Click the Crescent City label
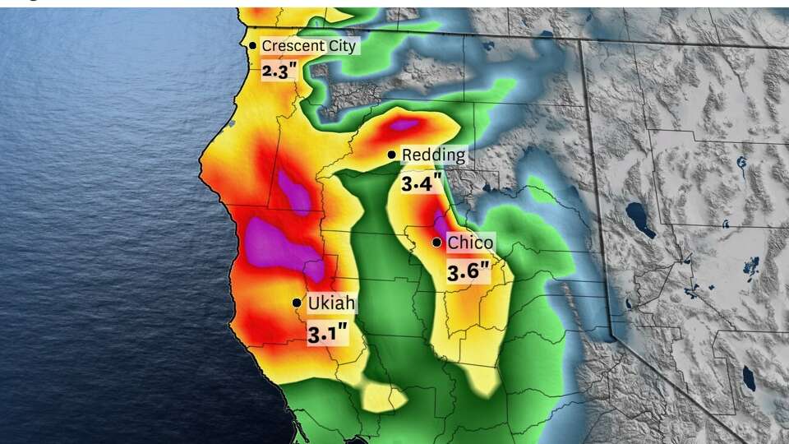pyautogui.click(x=308, y=46)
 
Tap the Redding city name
pyautogui.click(x=433, y=155)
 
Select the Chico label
pyautogui.click(x=470, y=243)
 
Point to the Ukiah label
pyautogui.click(x=331, y=303)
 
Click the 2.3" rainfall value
pyautogui.click(x=278, y=71)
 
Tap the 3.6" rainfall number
pyautogui.click(x=468, y=272)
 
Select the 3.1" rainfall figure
pyautogui.click(x=327, y=334)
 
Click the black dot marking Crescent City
pyautogui.click(x=252, y=46)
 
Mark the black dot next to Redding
pyautogui.click(x=392, y=155)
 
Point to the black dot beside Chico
pyautogui.click(x=436, y=243)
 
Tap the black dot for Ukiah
pyautogui.click(x=297, y=303)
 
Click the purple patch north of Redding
pyautogui.click(x=405, y=126)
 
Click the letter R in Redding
pyautogui.click(x=406, y=155)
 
